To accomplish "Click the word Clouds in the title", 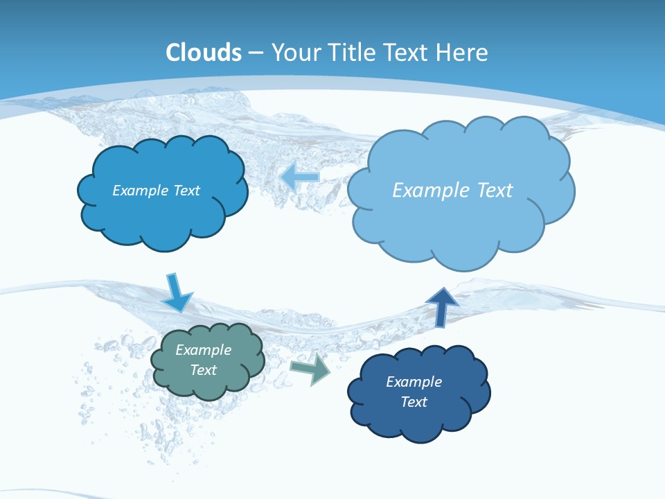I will [204, 53].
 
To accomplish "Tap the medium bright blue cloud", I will [163, 215].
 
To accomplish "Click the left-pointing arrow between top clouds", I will [299, 177].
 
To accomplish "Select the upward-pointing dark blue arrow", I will [441, 306].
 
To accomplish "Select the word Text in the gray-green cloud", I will [204, 370].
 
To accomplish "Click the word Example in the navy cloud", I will [414, 382].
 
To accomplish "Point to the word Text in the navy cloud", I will [414, 402].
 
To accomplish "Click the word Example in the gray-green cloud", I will [204, 350].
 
